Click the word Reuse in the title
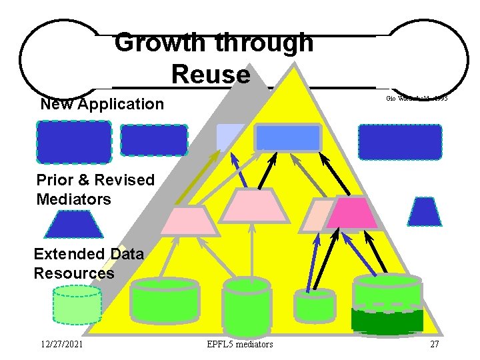[210, 74]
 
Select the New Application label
[101, 104]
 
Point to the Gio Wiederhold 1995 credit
[416, 99]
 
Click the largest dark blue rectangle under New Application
[73, 142]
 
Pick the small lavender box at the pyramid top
[230, 137]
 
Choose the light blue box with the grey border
[288, 138]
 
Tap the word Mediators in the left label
[74, 199]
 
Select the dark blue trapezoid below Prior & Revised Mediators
[73, 224]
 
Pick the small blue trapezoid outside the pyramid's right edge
[424, 211]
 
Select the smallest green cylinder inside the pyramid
[314, 307]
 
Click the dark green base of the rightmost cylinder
[387, 321]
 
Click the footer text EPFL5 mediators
[240, 344]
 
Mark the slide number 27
[434, 344]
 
